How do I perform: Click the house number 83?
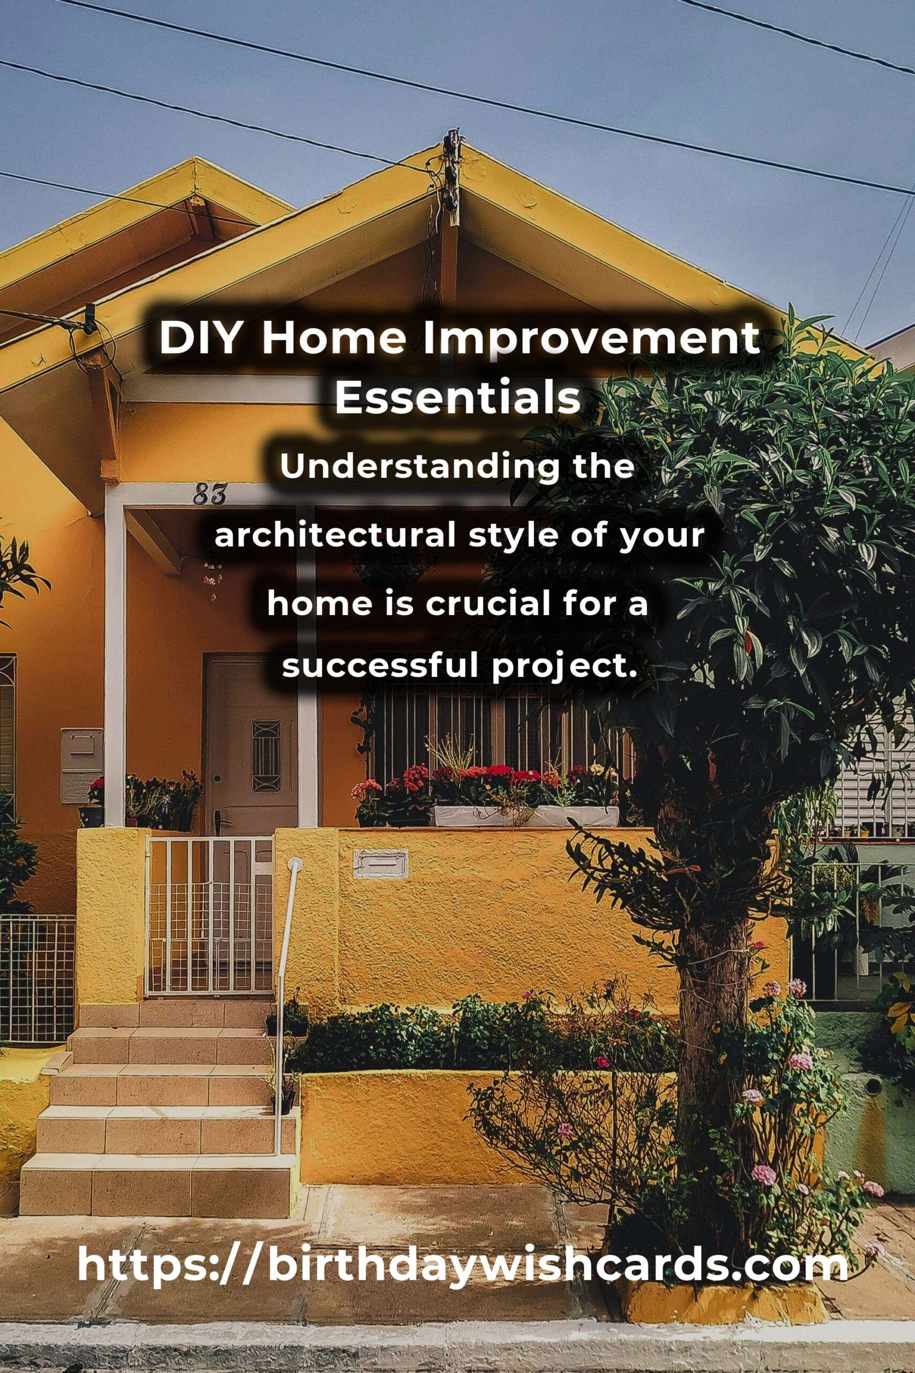(x=210, y=496)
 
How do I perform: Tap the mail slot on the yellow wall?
(x=381, y=864)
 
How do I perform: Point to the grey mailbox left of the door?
(x=81, y=765)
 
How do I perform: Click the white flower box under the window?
(x=525, y=816)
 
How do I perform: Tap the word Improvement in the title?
(x=591, y=339)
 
